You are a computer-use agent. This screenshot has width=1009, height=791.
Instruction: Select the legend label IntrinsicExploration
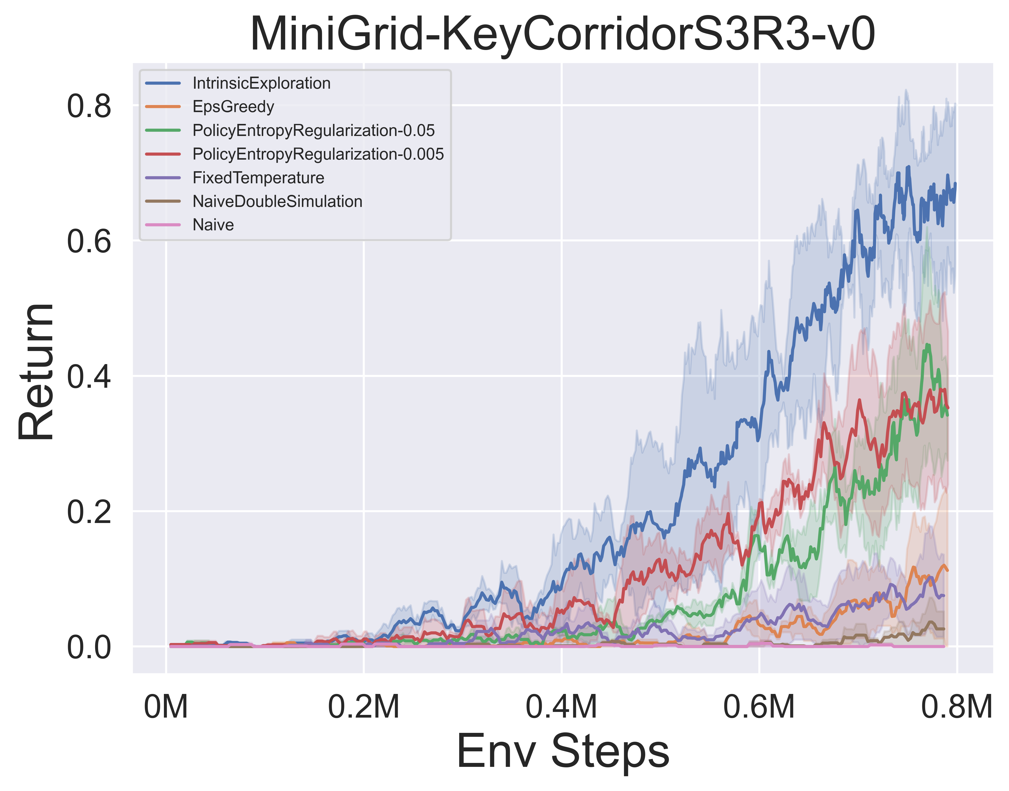click(261, 83)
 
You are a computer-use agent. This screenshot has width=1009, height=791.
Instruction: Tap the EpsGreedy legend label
click(233, 107)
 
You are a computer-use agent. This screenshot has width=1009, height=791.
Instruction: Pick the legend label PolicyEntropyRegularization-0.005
click(318, 154)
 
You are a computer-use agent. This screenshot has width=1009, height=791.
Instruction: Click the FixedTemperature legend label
click(258, 178)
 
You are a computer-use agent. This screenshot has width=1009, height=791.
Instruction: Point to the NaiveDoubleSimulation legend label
click(277, 202)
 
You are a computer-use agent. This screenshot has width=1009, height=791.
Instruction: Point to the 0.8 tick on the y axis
click(89, 106)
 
